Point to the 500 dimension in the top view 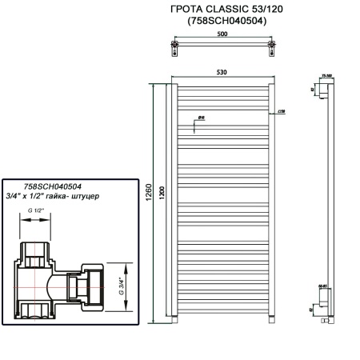[x=222, y=35]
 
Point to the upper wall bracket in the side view [x=325, y=95]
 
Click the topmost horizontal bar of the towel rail [x=222, y=83]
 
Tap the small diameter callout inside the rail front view [x=202, y=118]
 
